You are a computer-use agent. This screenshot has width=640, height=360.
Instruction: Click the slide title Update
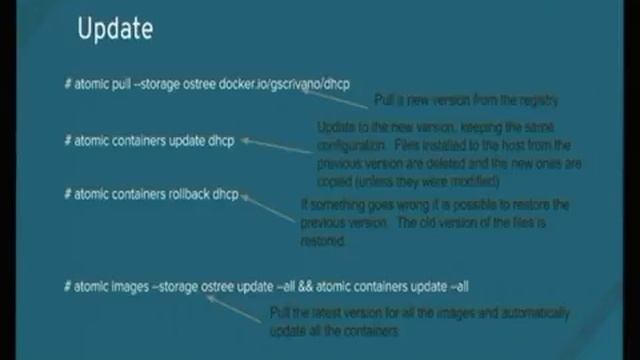[x=115, y=30]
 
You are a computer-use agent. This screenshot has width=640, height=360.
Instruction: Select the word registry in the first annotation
[x=532, y=100]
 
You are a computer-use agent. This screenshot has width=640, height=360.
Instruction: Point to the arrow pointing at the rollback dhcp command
[x=267, y=204]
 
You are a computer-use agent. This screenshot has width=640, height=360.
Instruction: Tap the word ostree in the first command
[x=221, y=85]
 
